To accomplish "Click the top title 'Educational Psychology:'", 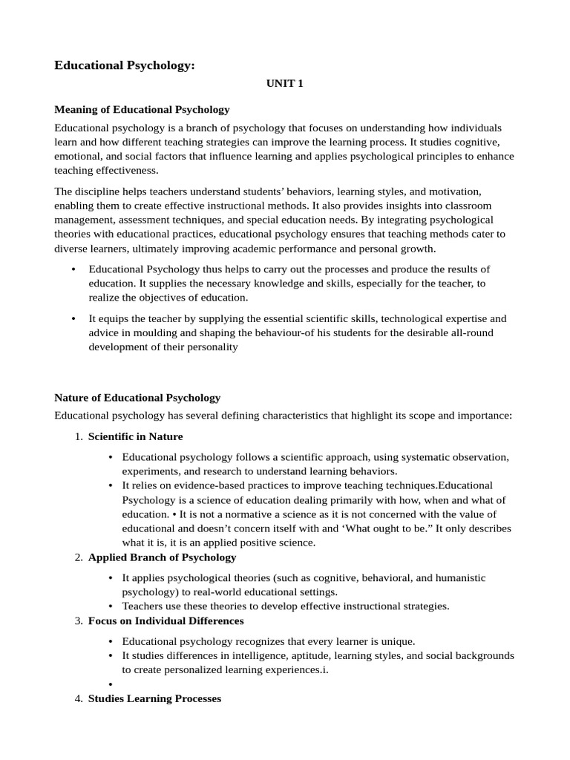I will (x=124, y=66).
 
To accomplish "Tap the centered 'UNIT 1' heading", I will (x=285, y=85).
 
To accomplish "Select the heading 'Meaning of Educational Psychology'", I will (x=142, y=109).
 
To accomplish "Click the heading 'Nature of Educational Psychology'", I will (x=137, y=398).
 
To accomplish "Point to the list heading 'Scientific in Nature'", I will (x=135, y=436).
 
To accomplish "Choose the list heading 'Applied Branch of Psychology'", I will (x=162, y=557).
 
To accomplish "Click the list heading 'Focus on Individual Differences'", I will (x=166, y=620).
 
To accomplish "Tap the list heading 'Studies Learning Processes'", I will (x=154, y=699).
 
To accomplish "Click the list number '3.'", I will (x=79, y=620).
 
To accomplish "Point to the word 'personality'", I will (x=212, y=347).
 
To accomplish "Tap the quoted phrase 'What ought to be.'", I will (x=386, y=528).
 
